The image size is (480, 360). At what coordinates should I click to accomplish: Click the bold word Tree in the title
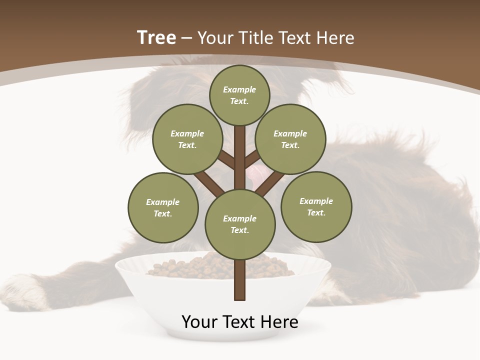point(156,38)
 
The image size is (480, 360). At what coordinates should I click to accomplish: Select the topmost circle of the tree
point(239,95)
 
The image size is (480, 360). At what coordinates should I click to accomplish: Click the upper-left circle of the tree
point(187,139)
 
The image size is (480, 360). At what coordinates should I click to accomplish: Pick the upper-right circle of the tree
point(290,139)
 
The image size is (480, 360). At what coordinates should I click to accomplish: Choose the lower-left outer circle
point(163,207)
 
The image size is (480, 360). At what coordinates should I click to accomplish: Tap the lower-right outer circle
point(316,206)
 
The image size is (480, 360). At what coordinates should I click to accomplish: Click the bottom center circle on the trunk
point(240,224)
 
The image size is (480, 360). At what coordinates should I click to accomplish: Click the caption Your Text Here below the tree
point(240,322)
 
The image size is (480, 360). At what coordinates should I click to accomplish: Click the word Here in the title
point(336,38)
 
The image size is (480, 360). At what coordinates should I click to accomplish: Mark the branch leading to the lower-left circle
point(209,182)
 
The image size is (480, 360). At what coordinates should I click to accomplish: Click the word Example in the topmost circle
point(239,90)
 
